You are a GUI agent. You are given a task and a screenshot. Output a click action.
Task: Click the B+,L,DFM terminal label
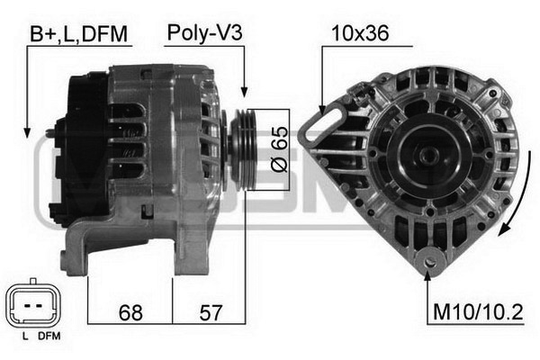[78, 34]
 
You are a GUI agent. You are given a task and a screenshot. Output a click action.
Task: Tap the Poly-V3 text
[204, 34]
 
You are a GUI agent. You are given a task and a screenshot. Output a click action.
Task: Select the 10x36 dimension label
[360, 33]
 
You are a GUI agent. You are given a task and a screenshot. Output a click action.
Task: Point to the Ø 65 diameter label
[279, 149]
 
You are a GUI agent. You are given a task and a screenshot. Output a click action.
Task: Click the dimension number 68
[130, 312]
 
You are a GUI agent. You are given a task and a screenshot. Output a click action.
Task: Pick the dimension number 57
[211, 312]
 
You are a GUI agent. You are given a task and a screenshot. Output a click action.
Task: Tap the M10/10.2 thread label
[478, 312]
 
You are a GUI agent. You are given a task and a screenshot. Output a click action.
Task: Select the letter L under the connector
[25, 337]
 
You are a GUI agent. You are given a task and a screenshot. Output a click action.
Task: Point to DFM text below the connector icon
[49, 337]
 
